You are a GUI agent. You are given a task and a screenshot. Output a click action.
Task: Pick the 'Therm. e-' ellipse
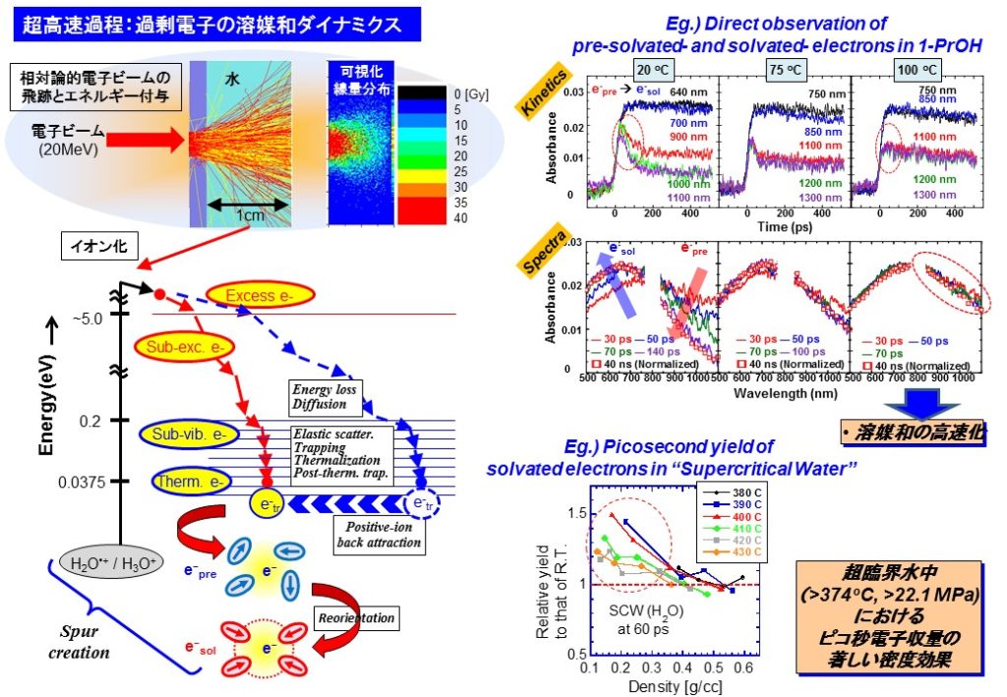[x=197, y=482]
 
